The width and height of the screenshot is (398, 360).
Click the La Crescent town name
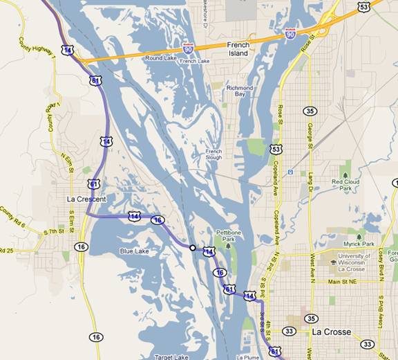86,199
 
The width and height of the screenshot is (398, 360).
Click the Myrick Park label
359,244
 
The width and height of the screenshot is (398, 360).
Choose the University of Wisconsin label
361,259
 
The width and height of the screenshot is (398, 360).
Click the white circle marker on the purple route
192,246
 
